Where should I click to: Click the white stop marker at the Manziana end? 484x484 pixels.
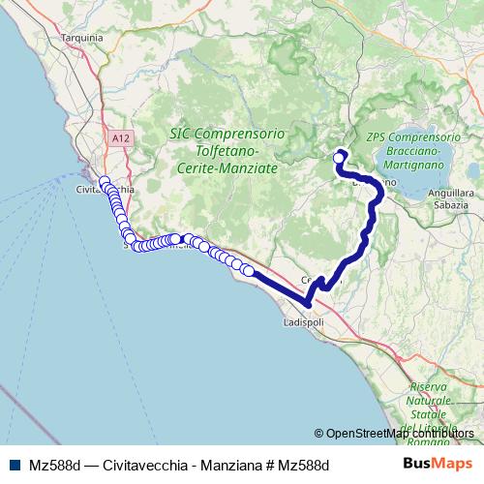(x=339, y=158)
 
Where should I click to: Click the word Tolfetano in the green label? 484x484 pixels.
(x=223, y=151)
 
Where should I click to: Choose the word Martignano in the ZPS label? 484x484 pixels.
(x=415, y=166)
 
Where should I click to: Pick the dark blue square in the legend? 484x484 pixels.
(x=13, y=466)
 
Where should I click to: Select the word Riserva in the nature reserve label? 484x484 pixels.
(x=427, y=387)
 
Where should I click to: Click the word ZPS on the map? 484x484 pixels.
(x=378, y=137)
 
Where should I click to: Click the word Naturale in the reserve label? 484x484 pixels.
(x=428, y=401)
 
